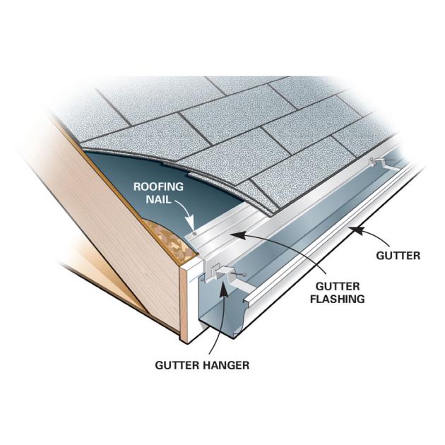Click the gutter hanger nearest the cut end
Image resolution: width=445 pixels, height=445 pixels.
click(x=222, y=274)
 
